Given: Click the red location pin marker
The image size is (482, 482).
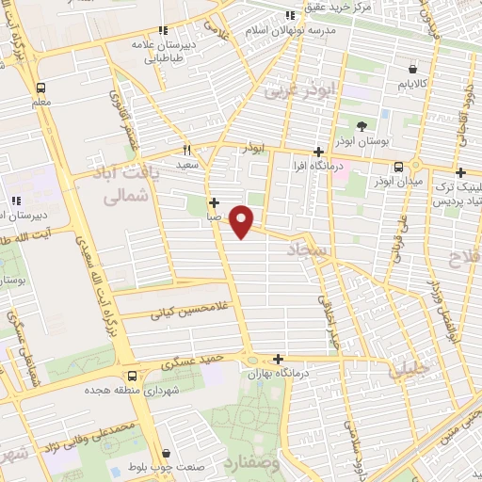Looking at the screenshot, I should (x=243, y=221).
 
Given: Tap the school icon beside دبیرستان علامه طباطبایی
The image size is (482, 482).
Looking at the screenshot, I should (x=164, y=30).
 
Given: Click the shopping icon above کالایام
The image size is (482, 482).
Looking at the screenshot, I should (x=412, y=68).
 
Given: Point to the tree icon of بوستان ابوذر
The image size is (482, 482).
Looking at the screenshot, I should (x=362, y=126).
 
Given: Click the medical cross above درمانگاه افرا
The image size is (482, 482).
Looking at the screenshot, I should (x=318, y=152).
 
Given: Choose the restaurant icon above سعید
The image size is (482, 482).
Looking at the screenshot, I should (x=187, y=149).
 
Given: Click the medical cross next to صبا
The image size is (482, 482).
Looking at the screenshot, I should (x=215, y=202).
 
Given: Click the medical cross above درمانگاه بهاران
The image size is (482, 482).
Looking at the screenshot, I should (x=278, y=359).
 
